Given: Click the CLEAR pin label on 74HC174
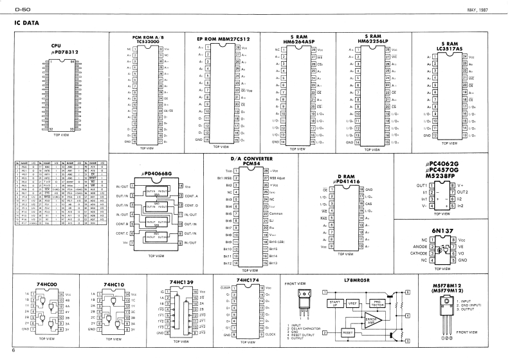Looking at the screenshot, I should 226,287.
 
